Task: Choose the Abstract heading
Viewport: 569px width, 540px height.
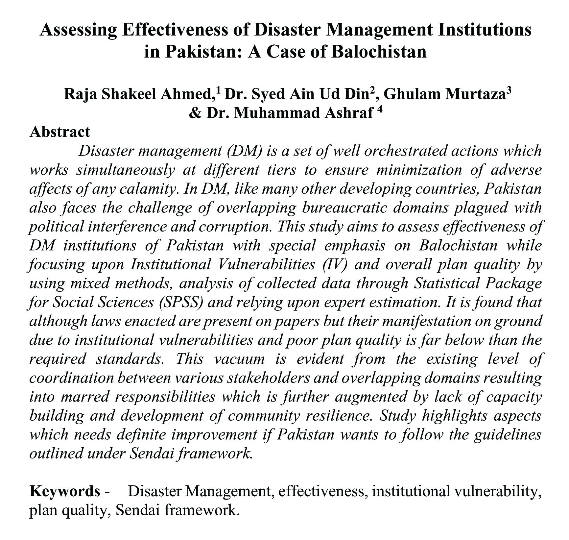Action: pos(59,132)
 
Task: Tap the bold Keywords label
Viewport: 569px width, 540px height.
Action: pos(65,491)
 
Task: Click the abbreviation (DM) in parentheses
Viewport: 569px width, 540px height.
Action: pos(244,151)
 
